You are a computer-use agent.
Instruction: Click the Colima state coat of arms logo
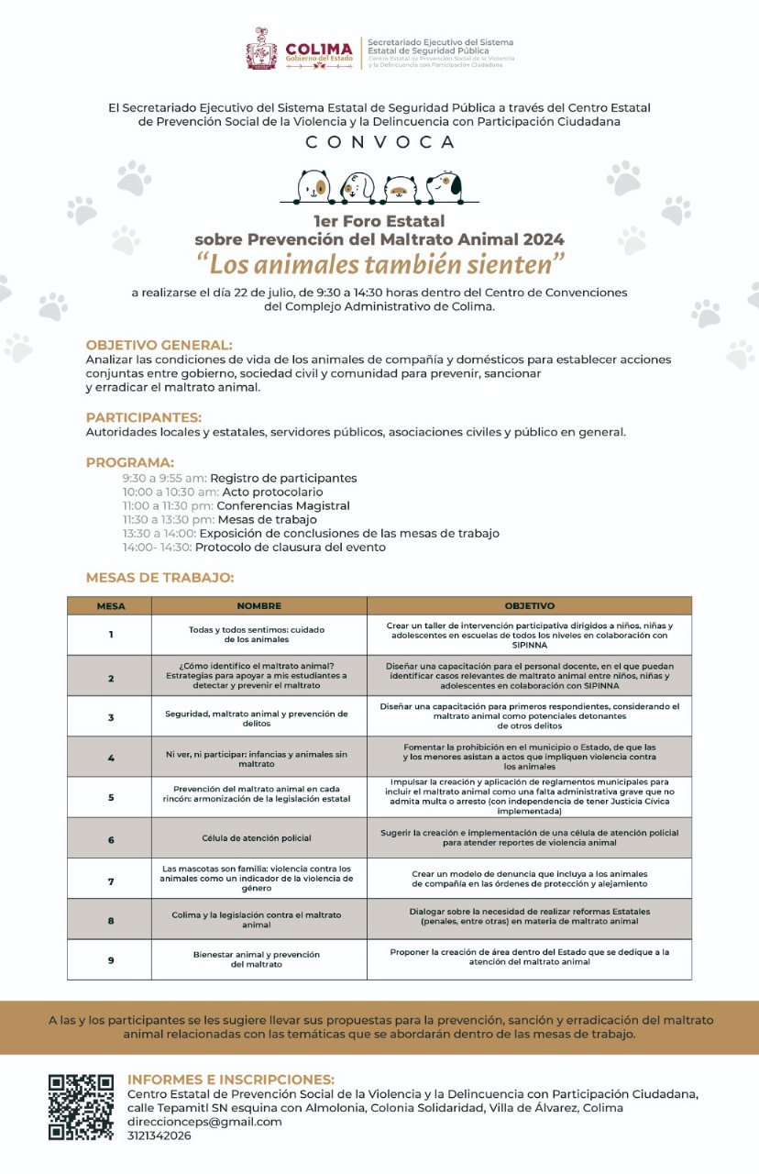click(261, 49)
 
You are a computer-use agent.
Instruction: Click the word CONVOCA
click(379, 142)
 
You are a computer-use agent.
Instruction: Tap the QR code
click(81, 1107)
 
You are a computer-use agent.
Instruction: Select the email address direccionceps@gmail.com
click(204, 1121)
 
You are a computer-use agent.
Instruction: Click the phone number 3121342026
click(159, 1135)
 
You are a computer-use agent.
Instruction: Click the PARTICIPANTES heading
click(143, 417)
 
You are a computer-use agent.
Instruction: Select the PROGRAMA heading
click(129, 462)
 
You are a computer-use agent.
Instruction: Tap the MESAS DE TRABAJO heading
click(159, 578)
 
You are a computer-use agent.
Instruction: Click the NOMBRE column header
click(258, 605)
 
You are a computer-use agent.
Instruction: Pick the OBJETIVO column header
click(529, 605)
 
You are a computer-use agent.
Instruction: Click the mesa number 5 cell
click(110, 797)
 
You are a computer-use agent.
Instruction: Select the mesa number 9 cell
click(110, 959)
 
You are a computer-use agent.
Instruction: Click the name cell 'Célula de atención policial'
click(257, 837)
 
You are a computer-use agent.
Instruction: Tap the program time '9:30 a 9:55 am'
click(164, 478)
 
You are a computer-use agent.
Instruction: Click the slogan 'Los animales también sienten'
click(379, 264)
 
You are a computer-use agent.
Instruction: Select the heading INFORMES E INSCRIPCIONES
click(231, 1079)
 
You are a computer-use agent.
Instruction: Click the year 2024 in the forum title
click(543, 239)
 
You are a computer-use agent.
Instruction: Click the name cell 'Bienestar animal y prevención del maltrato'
click(257, 959)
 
